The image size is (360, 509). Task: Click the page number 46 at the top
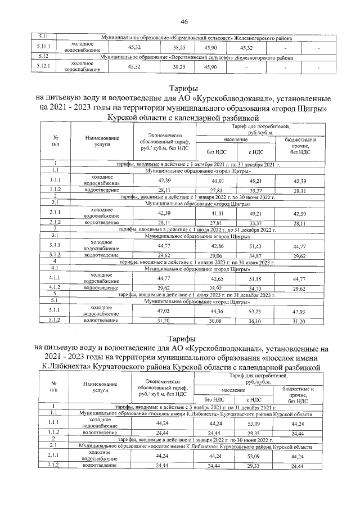183,21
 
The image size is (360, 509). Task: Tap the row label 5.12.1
42,67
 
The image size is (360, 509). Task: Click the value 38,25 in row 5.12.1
179,67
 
